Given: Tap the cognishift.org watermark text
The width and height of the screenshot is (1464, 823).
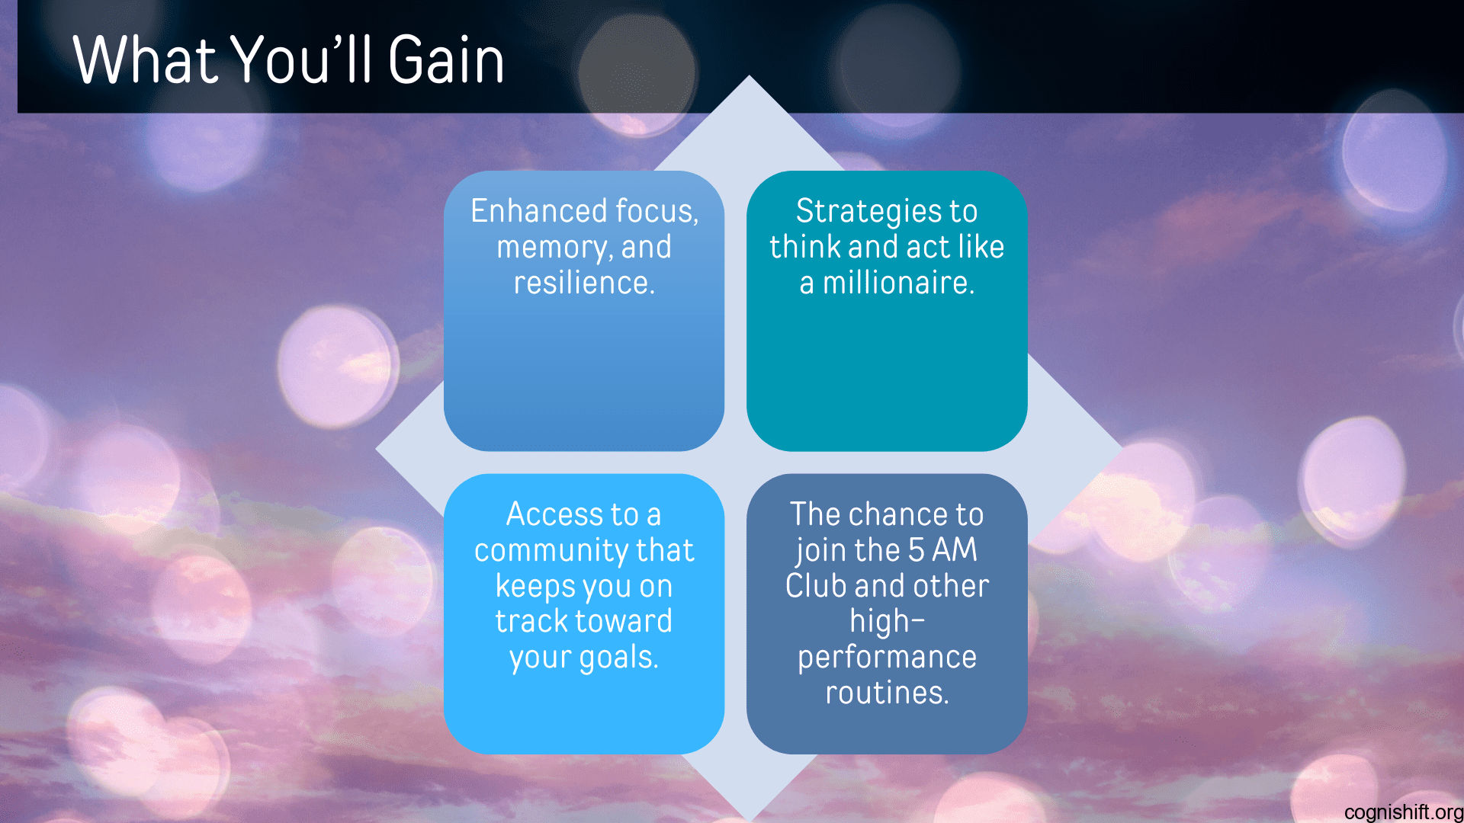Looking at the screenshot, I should tap(1403, 812).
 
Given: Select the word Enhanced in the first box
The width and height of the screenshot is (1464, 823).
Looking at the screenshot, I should tap(538, 211).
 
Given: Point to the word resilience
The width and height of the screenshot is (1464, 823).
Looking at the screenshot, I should tap(583, 283).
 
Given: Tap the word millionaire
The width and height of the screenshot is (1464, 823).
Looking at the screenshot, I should tap(898, 283).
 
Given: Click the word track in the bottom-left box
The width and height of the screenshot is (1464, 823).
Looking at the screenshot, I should tap(531, 621).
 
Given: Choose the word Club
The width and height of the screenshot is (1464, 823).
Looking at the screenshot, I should tap(816, 586).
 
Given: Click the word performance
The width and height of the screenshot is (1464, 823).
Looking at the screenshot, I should tap(887, 657).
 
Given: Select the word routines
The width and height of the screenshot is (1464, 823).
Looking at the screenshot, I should tap(887, 693).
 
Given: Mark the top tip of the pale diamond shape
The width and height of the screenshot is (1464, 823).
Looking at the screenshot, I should tap(749, 77).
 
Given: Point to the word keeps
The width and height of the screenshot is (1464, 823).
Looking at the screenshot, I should tap(535, 586).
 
